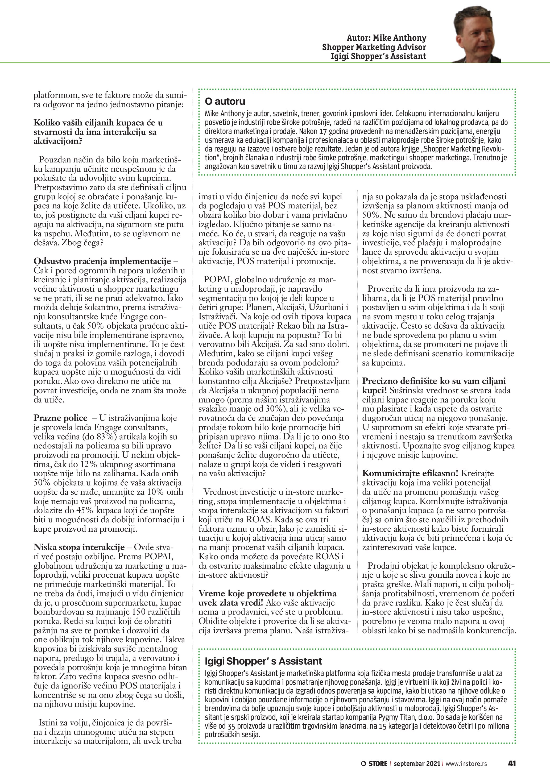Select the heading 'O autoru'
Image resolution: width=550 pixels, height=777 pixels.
pyautogui.click(x=225, y=101)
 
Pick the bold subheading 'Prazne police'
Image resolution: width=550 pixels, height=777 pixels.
pyautogui.click(x=60, y=418)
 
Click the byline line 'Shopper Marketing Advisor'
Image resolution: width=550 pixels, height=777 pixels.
pyautogui.click(x=374, y=47)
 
